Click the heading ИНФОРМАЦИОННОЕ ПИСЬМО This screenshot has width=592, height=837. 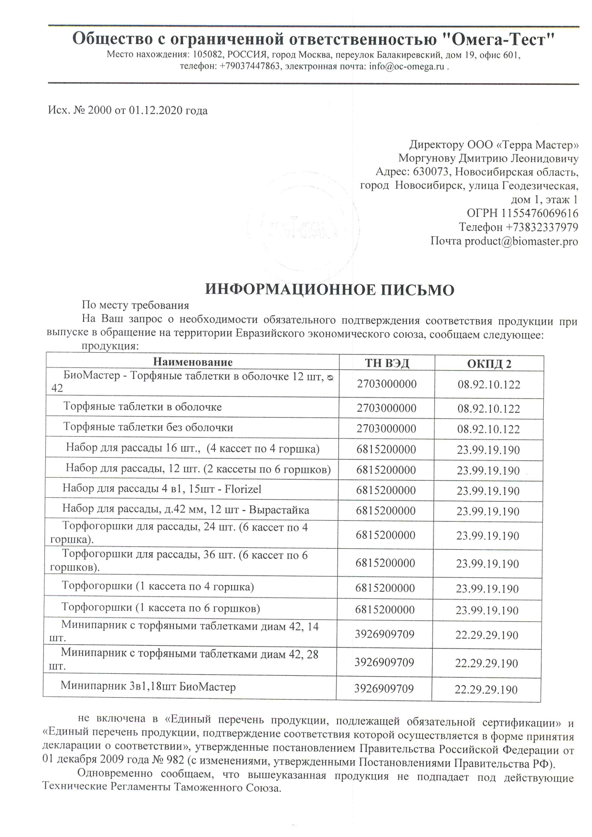coord(329,289)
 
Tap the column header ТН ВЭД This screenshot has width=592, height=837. coord(387,363)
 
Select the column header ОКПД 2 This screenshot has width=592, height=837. coord(489,364)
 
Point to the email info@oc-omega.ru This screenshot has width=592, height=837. coord(407,67)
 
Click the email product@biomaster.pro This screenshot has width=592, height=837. coord(521,241)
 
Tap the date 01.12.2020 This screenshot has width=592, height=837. coord(157,111)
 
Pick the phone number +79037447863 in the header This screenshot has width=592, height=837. coord(250,67)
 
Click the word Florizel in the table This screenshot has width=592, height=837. coord(243,489)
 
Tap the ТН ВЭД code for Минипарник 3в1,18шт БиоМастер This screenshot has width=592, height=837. coord(384,689)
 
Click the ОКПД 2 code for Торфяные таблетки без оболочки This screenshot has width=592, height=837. coord(488,429)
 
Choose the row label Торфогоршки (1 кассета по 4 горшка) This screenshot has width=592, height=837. coord(158,586)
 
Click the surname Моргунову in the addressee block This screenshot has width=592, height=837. coord(427,158)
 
